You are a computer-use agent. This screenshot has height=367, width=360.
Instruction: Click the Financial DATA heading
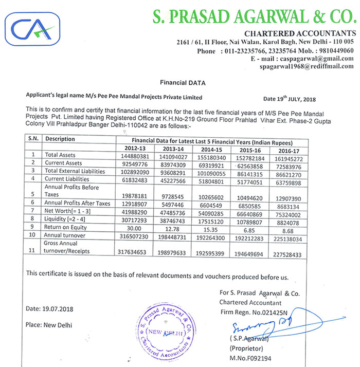pos(183,82)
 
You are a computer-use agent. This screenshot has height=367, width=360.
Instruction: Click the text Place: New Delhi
pos(49,325)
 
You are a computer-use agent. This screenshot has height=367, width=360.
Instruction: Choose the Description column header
pos(60,139)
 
